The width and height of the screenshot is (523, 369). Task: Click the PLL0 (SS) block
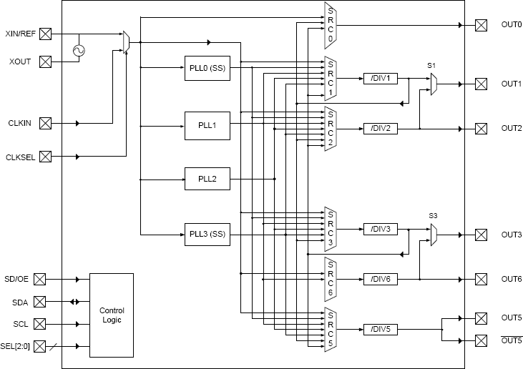(x=207, y=68)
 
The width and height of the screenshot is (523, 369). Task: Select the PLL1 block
(x=207, y=125)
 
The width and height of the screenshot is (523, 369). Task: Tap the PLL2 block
(x=207, y=178)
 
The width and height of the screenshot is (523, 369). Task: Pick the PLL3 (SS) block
(x=207, y=234)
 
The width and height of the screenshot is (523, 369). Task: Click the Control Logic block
(x=111, y=315)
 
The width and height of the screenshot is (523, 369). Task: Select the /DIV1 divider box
(x=380, y=78)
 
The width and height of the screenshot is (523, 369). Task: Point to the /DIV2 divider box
(x=380, y=128)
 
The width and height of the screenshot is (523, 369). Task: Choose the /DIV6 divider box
(x=380, y=279)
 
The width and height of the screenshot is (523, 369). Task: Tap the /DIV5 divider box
(x=380, y=329)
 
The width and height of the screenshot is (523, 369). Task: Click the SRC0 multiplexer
(x=331, y=25)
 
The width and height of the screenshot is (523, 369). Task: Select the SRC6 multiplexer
(x=331, y=278)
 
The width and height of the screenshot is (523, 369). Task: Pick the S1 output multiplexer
(x=434, y=84)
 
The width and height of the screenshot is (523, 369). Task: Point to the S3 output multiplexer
(x=434, y=235)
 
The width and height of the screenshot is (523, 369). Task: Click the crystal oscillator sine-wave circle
(x=79, y=50)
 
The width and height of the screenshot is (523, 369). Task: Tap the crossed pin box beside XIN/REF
(x=45, y=34)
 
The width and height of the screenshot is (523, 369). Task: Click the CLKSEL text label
(x=19, y=157)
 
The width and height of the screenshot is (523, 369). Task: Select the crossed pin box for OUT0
(x=481, y=25)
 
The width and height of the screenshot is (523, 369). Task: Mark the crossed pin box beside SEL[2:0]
(x=39, y=346)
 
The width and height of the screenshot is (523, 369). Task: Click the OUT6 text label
(x=511, y=279)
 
